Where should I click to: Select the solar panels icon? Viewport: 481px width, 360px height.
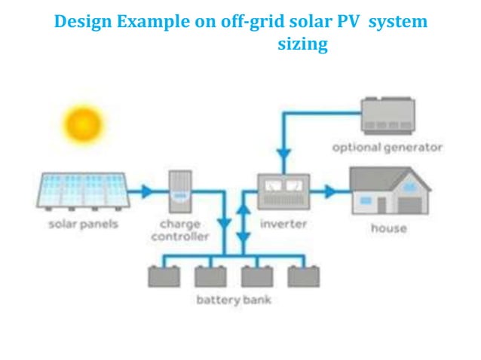point(81,191)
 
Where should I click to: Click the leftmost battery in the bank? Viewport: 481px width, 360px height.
point(164,276)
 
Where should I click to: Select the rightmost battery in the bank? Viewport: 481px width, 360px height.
point(302,276)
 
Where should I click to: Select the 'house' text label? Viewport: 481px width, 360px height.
point(388,227)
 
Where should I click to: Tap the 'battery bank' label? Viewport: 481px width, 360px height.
point(233,301)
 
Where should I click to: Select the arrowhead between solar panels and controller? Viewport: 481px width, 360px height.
point(148,191)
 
